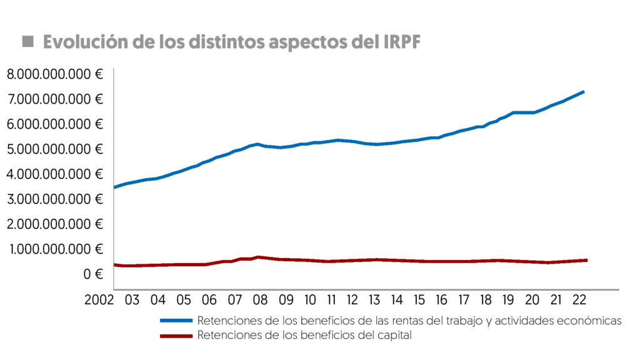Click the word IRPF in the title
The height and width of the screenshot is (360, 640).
pyautogui.click(x=399, y=42)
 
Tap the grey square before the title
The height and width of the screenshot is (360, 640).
pyautogui.click(x=27, y=42)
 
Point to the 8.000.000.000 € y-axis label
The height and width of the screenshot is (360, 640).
pyautogui.click(x=54, y=74)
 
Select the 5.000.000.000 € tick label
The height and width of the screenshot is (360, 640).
pyautogui.click(x=54, y=149)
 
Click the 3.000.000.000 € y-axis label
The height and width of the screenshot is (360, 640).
pyautogui.click(x=54, y=199)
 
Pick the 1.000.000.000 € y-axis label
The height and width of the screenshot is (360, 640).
pyautogui.click(x=55, y=249)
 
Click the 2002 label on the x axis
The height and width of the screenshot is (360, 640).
pyautogui.click(x=101, y=300)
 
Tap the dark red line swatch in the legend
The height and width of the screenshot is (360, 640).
pyautogui.click(x=176, y=336)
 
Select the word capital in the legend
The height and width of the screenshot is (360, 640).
pyautogui.click(x=396, y=336)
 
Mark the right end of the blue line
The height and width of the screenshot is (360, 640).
pyautogui.click(x=583, y=92)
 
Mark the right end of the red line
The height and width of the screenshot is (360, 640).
pyautogui.click(x=586, y=260)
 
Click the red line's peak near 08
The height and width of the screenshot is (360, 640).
pyautogui.click(x=257, y=257)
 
